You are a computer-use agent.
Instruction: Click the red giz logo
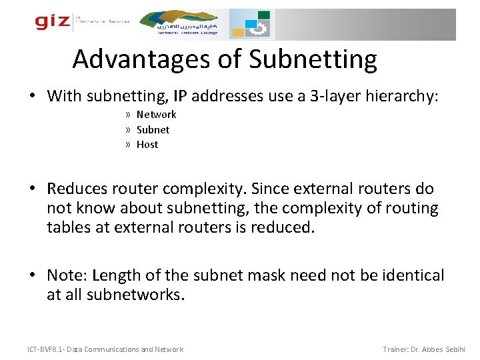click(52, 22)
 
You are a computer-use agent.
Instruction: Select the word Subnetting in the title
click(313, 59)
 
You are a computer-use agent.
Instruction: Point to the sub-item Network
click(156, 115)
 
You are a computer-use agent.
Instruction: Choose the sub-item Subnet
click(153, 129)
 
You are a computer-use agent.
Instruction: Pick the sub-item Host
click(147, 144)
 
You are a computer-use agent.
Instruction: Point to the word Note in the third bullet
click(66, 275)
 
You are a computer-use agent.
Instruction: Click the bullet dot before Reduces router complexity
click(33, 189)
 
